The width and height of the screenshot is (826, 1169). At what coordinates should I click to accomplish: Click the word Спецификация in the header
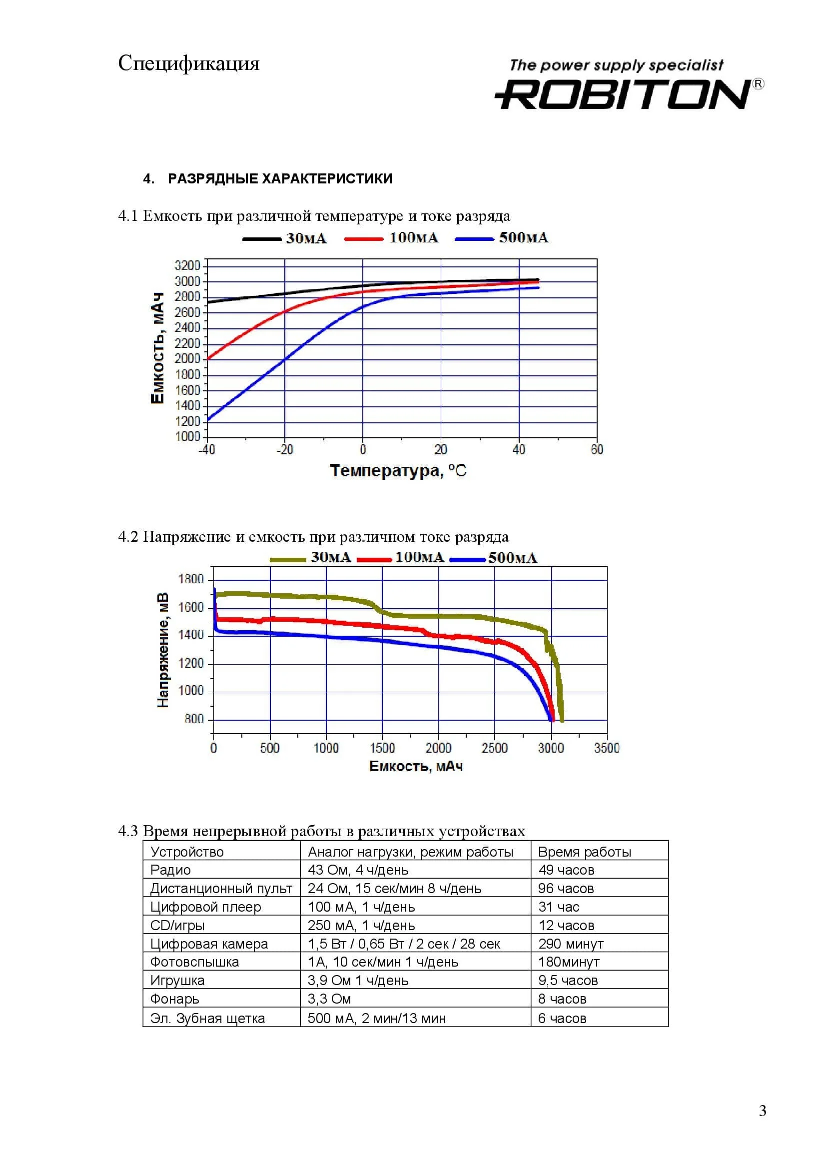(x=189, y=63)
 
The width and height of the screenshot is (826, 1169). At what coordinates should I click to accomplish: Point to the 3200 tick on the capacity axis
(x=187, y=265)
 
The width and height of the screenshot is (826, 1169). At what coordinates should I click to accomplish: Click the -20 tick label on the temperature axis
(x=284, y=450)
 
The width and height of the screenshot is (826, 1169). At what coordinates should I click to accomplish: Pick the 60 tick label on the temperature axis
(x=597, y=450)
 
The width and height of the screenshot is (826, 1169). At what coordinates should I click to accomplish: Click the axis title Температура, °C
(x=398, y=470)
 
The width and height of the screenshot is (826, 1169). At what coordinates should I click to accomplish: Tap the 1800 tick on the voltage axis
(x=191, y=579)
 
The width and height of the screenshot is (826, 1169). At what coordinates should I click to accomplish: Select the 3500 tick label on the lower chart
(x=607, y=748)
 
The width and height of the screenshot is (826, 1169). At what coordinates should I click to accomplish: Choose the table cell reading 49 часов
(x=566, y=870)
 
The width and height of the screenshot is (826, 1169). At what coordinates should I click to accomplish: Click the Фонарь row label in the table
(x=174, y=999)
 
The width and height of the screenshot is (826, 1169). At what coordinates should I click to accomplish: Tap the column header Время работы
(x=584, y=852)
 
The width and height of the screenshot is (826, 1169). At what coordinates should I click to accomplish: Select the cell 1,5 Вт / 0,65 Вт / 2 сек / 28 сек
(x=404, y=944)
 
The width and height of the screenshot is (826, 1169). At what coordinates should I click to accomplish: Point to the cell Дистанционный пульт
(x=221, y=889)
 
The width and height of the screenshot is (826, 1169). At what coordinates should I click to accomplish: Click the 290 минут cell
(x=571, y=944)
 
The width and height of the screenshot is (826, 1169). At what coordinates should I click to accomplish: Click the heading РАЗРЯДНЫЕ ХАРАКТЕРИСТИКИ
(x=280, y=179)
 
